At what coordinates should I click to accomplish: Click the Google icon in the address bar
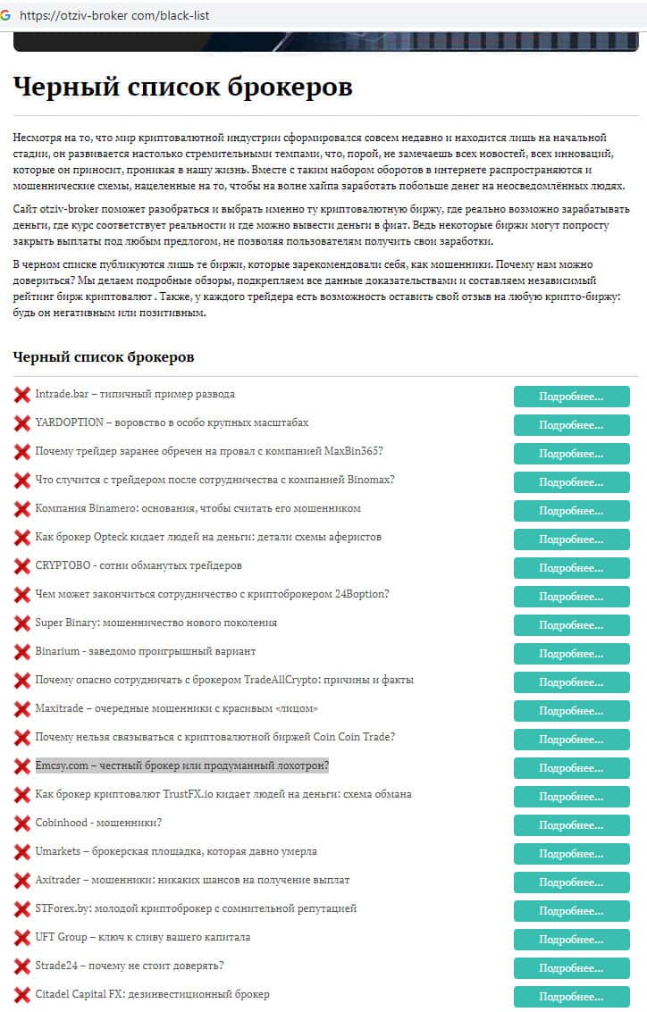click(8, 15)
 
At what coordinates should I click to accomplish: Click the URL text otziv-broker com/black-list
click(114, 16)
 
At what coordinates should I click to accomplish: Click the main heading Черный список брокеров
click(182, 87)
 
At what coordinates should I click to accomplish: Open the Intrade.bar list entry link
click(135, 394)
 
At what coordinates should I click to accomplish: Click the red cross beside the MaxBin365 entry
click(22, 452)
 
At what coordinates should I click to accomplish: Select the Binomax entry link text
click(214, 480)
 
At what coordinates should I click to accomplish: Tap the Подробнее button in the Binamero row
click(571, 511)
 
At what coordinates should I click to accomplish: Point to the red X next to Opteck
click(22, 538)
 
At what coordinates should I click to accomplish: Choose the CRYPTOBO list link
click(139, 565)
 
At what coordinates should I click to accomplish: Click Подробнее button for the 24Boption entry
click(571, 597)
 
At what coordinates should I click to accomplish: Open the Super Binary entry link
click(155, 623)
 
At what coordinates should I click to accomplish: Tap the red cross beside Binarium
click(22, 652)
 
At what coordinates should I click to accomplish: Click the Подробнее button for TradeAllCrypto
click(571, 682)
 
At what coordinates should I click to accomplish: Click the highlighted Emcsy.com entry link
click(181, 765)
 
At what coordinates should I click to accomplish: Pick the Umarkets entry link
click(176, 851)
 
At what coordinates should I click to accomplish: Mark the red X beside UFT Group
click(22, 938)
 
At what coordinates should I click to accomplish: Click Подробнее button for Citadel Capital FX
click(571, 997)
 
